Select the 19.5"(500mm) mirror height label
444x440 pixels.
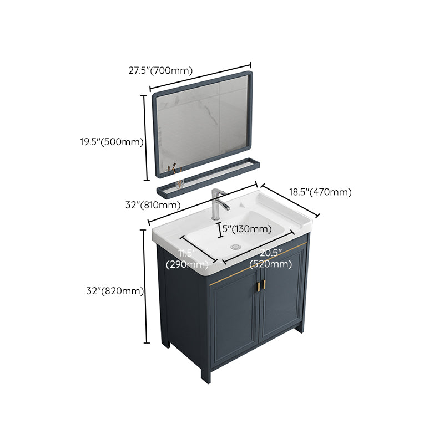tap(111, 142)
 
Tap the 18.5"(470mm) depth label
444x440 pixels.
tap(320, 192)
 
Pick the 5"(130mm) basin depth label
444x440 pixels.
tap(246, 229)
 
